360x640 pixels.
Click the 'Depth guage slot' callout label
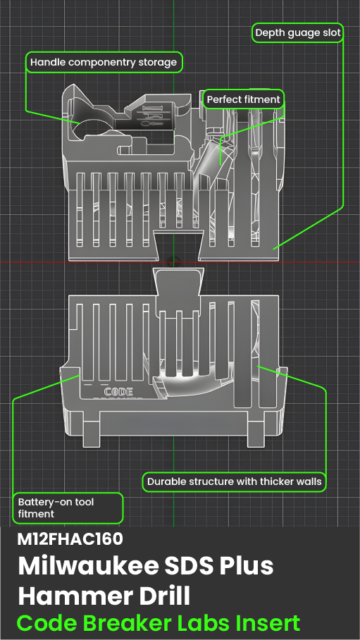click(298, 32)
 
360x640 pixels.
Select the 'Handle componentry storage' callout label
click(104, 63)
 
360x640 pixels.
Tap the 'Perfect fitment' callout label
click(243, 99)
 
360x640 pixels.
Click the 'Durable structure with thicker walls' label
click(235, 481)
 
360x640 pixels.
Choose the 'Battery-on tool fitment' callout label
click(68, 507)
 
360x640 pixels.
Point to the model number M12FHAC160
click(70, 539)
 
